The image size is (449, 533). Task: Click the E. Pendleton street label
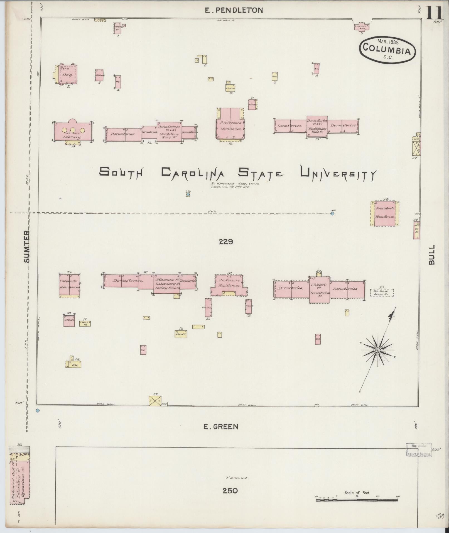point(234,10)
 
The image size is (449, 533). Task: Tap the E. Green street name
point(221,427)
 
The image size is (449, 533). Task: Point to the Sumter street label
point(27,246)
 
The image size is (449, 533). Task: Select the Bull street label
point(431,255)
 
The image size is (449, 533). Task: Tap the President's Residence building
point(385,213)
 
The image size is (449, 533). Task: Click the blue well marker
point(188,194)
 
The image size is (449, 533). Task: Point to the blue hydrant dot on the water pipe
point(332,214)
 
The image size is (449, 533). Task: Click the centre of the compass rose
point(378,350)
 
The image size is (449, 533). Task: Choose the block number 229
point(226,242)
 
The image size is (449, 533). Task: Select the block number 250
point(230,498)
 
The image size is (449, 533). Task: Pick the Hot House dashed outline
point(382,293)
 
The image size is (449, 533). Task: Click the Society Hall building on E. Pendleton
point(362,27)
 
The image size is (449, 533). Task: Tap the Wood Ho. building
point(85,323)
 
